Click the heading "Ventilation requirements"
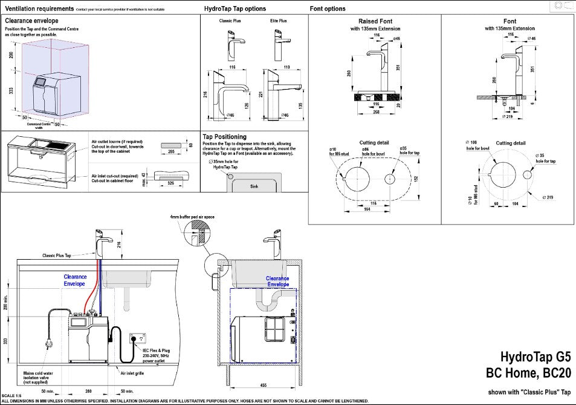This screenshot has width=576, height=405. point(39,9)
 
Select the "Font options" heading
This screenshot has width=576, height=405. point(328,9)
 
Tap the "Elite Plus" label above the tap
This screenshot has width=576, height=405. point(279,21)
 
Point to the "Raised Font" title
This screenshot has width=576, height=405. point(375,21)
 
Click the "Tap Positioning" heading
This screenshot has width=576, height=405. point(225,137)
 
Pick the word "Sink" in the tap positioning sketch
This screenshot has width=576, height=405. point(254,187)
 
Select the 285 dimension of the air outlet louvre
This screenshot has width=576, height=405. point(172,152)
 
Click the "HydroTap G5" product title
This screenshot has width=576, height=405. point(535,358)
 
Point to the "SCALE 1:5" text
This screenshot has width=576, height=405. point(13,395)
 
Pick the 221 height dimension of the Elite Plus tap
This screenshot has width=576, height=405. point(259,94)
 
